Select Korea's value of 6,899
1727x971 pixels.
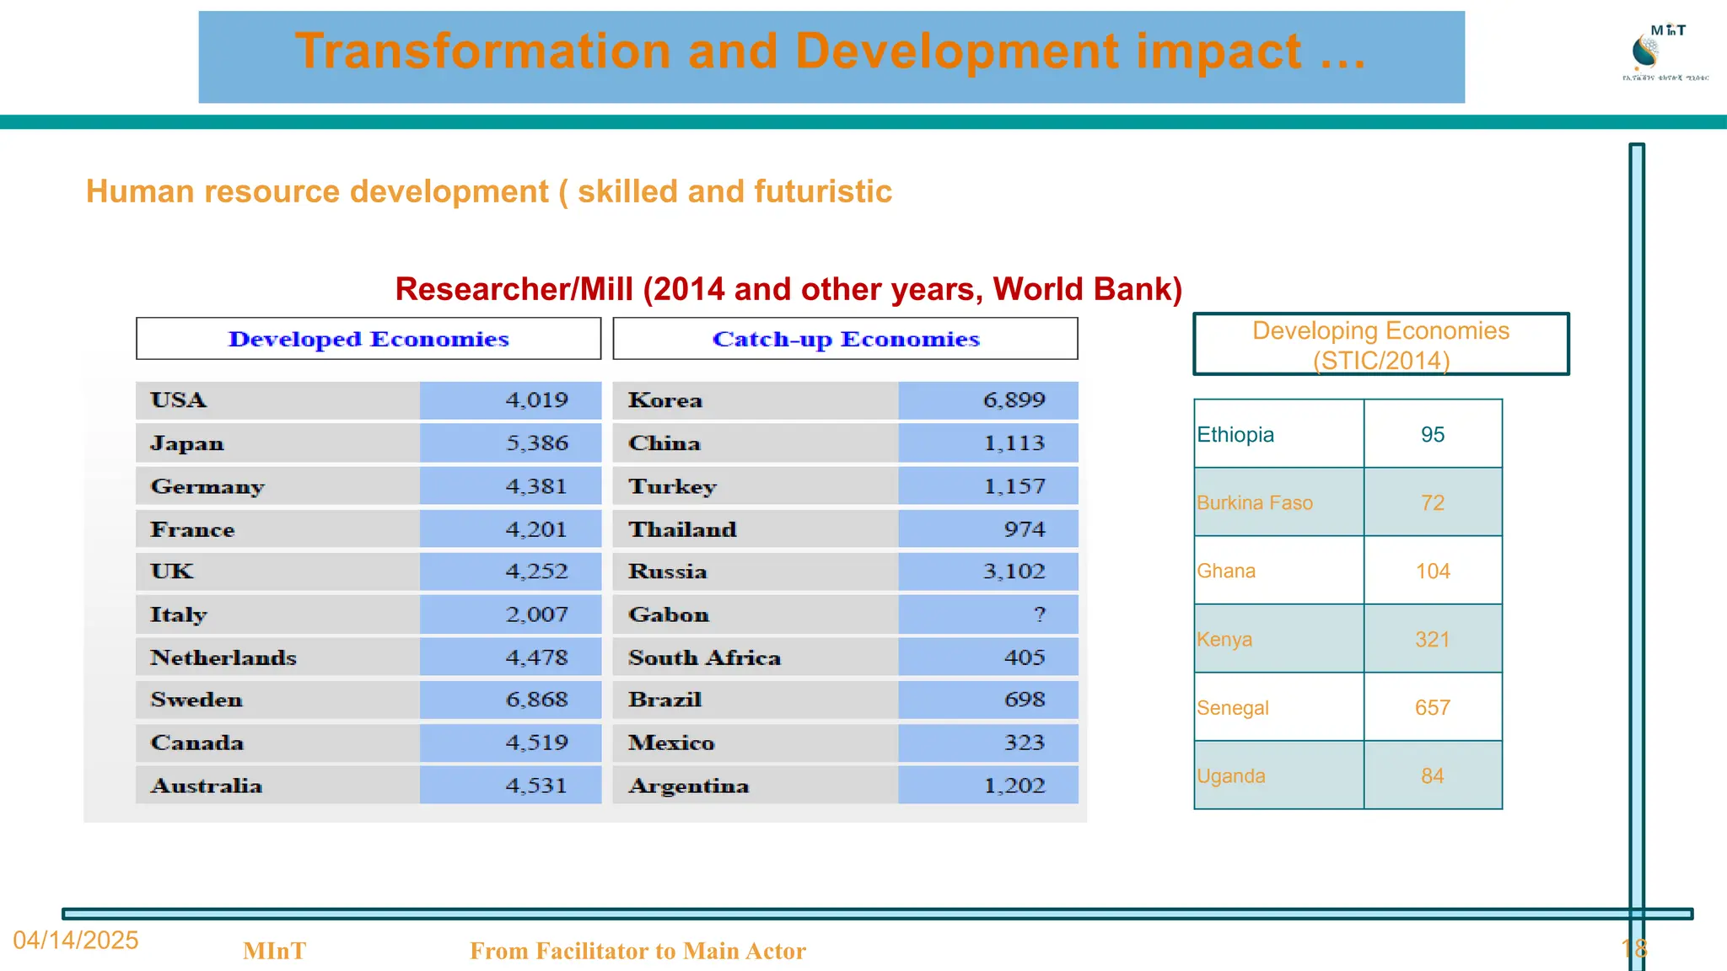(1014, 400)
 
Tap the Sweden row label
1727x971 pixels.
(196, 700)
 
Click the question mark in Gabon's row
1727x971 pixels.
(1039, 614)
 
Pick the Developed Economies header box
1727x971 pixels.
(369, 339)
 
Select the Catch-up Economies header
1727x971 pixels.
(845, 339)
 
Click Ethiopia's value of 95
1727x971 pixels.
(1432, 434)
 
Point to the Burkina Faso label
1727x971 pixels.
(1254, 503)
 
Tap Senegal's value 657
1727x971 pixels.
(1432, 708)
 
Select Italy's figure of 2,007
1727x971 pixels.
(536, 614)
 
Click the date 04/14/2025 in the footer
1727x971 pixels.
(76, 941)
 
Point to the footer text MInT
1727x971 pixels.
(274, 951)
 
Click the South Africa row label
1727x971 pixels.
(704, 657)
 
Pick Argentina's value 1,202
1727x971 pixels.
(1014, 786)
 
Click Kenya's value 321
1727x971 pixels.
(1432, 640)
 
